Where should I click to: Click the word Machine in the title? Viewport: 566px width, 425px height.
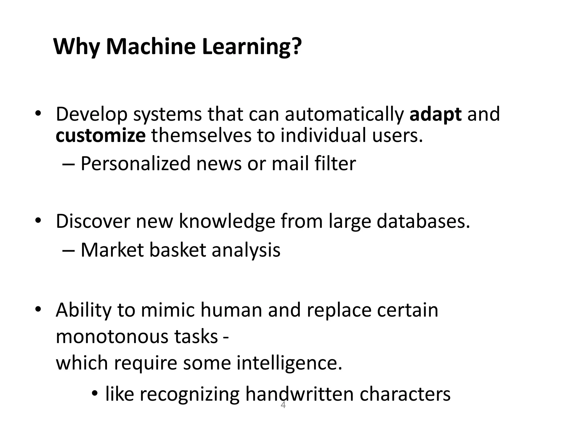[x=151, y=46]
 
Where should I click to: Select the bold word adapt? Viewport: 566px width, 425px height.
[x=435, y=114]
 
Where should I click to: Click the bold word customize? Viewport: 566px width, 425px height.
[x=101, y=136]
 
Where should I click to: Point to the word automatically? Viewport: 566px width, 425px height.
[x=344, y=114]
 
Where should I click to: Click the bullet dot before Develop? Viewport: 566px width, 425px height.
[x=38, y=114]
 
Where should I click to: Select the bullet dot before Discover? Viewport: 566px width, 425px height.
[x=38, y=221]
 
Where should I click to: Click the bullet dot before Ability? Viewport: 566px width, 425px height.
[x=38, y=309]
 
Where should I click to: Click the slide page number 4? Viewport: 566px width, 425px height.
[x=283, y=406]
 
